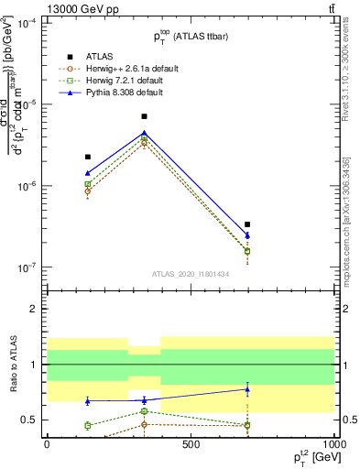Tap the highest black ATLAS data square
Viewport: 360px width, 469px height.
[145, 116]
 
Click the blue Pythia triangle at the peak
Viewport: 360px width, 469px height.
[145, 133]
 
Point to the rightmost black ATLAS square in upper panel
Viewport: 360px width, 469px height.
[247, 224]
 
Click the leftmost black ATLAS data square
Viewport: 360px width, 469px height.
[87, 157]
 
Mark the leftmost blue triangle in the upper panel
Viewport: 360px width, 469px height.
[87, 172]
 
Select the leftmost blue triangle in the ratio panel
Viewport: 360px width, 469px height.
[87, 401]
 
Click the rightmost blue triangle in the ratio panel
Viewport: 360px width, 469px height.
[247, 389]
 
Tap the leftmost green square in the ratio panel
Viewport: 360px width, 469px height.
[87, 425]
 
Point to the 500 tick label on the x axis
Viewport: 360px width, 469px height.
[191, 443]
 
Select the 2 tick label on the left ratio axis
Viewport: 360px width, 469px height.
[34, 310]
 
